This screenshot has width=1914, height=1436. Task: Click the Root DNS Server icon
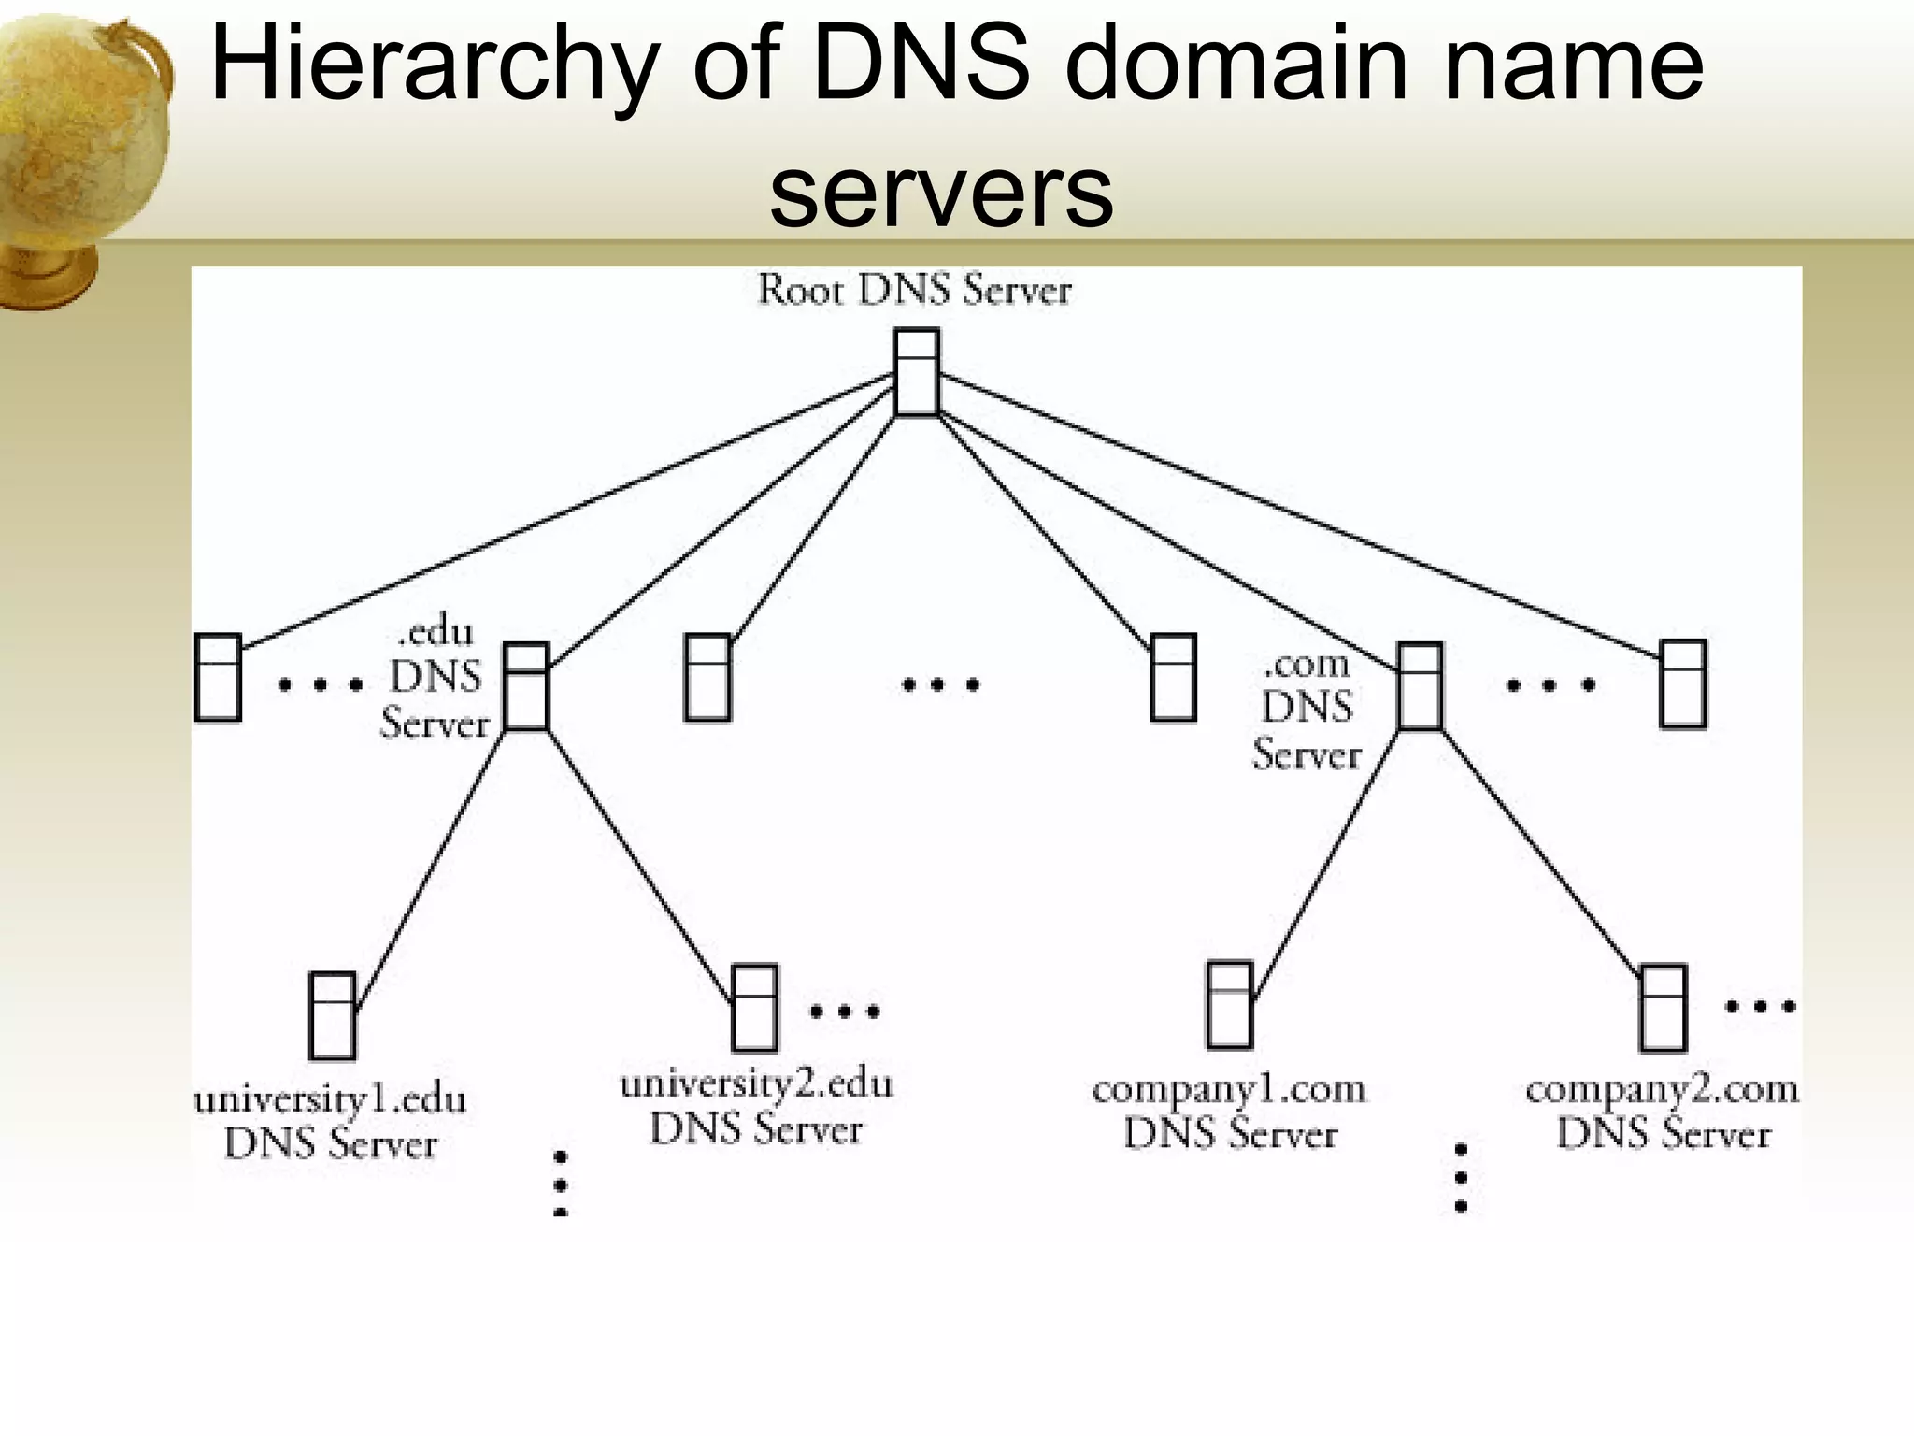[916, 372]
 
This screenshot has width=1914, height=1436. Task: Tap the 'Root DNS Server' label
[914, 290]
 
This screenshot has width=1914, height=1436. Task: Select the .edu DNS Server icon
[525, 686]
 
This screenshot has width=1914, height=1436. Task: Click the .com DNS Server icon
[1420, 686]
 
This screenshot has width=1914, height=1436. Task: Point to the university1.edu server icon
[332, 1015]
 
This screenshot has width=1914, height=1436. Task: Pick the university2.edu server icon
[754, 1008]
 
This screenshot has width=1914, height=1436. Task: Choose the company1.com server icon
[1229, 1005]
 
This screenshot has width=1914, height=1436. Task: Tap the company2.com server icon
[1663, 1008]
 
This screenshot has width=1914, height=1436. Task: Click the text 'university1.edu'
[330, 1099]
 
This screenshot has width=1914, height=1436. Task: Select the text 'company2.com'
[1662, 1090]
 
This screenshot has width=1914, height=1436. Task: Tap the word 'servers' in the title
[941, 192]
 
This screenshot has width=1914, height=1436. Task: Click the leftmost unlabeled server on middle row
[218, 678]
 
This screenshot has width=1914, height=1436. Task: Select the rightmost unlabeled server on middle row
[1682, 683]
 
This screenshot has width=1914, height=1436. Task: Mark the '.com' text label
[1307, 665]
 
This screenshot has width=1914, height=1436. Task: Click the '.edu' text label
[436, 633]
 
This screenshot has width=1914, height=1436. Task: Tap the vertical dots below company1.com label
[1461, 1178]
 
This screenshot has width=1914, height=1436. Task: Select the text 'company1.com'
[1229, 1090]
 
